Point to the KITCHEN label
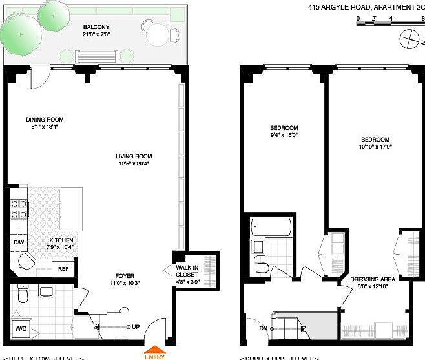61,242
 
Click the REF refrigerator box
63,268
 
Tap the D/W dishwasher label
19,243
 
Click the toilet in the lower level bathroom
23,295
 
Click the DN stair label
262,328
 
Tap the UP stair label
136,326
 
